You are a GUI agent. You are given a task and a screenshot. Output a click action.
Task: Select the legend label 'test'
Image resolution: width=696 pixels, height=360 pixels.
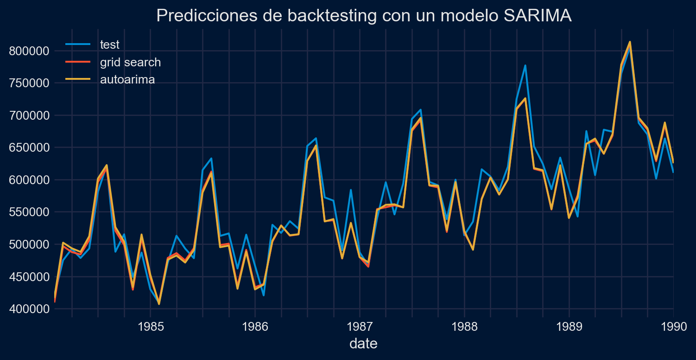pos(110,45)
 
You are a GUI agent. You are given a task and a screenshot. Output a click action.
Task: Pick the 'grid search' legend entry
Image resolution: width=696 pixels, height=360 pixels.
pos(130,62)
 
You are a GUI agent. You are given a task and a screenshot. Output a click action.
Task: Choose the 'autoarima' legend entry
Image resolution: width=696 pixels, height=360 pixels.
pos(127,80)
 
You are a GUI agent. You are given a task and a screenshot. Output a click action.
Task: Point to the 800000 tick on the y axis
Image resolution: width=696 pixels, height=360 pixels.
pos(29,51)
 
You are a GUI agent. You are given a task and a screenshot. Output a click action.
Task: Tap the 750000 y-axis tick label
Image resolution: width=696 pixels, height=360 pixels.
pos(29,83)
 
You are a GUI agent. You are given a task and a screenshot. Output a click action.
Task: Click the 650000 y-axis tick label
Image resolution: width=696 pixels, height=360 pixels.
pos(29,148)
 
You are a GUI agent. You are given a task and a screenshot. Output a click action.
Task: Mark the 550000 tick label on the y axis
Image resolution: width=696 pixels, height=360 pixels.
pos(29,212)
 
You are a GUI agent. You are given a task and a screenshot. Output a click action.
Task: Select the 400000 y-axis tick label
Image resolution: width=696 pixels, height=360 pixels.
pos(29,309)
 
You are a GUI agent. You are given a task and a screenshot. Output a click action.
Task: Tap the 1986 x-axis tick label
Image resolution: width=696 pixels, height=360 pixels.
pos(255,327)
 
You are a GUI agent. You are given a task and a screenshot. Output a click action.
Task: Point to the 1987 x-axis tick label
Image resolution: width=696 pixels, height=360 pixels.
pos(360,327)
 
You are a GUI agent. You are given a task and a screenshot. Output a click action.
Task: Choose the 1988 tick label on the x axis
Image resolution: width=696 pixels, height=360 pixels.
pos(464,327)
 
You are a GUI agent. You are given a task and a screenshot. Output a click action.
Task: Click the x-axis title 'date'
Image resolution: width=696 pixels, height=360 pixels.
pos(363,344)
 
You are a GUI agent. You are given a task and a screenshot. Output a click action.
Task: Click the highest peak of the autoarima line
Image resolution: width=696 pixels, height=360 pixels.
pos(630,42)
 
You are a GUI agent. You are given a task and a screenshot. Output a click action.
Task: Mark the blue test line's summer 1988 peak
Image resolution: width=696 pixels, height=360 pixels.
pos(525,65)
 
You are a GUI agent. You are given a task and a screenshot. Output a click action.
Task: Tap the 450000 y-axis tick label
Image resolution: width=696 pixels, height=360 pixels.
pos(29,276)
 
